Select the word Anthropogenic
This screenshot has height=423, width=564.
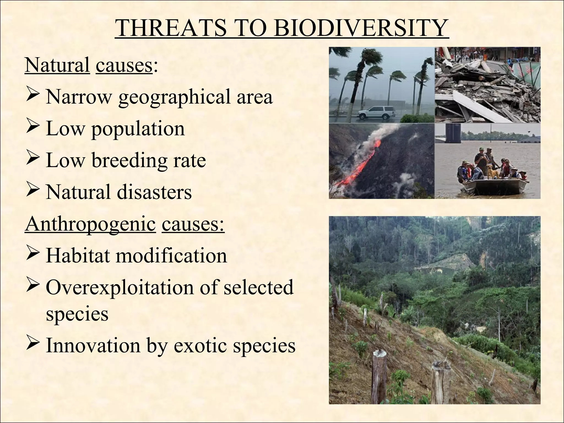pos(90,224)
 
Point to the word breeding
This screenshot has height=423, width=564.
pos(129,160)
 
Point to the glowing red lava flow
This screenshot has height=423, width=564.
pos(364,162)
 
